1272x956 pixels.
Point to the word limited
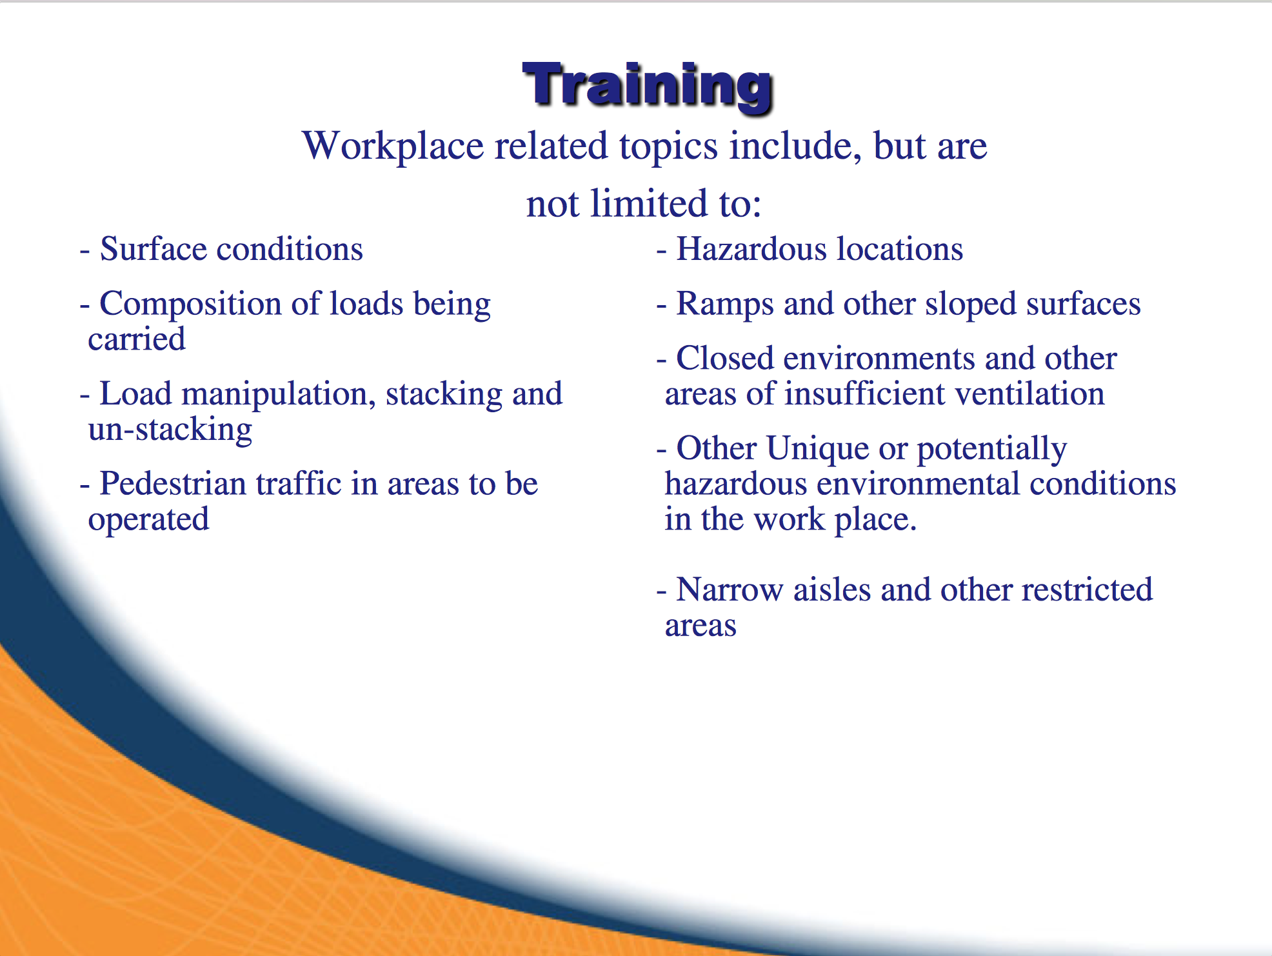coord(650,203)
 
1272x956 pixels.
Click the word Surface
coord(154,249)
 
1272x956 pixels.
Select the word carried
coord(137,339)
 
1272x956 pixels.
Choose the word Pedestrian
coord(173,484)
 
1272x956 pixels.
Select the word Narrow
coord(730,590)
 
